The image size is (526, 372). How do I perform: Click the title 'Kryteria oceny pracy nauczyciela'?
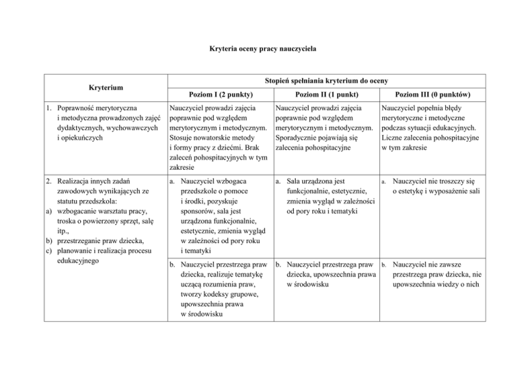[x=262, y=49]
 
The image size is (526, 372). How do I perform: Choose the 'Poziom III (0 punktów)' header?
[x=431, y=93]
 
